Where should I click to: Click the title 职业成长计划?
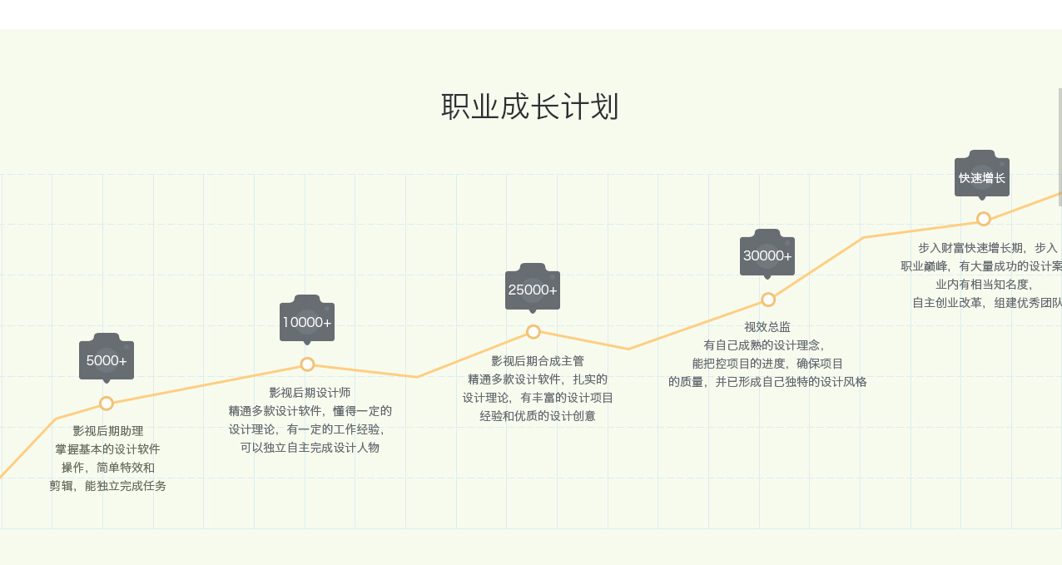(x=530, y=107)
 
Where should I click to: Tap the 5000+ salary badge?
(x=107, y=359)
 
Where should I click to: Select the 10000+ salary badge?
(x=307, y=321)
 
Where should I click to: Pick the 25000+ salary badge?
(x=533, y=289)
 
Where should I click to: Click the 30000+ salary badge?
(x=767, y=255)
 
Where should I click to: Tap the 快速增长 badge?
(x=982, y=176)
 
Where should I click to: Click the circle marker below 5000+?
(x=107, y=404)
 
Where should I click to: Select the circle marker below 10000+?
(x=307, y=364)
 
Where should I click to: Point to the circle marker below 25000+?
(x=533, y=332)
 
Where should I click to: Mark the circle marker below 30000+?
(x=768, y=300)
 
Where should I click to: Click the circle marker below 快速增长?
(x=984, y=219)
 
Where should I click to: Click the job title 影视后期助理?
(x=108, y=431)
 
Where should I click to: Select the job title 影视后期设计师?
(x=310, y=393)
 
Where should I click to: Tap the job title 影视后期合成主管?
(x=538, y=361)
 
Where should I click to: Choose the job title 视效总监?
(x=767, y=327)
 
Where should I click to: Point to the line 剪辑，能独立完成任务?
(x=107, y=486)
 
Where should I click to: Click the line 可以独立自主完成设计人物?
(x=310, y=448)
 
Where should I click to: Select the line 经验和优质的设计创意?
(x=538, y=416)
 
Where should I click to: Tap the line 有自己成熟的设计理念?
(x=764, y=345)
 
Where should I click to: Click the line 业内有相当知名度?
(x=984, y=284)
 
